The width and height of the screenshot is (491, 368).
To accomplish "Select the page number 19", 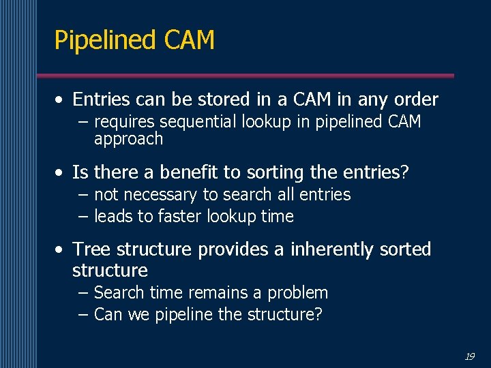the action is coord(470,356).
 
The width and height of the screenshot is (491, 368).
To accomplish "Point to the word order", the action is coord(415,99).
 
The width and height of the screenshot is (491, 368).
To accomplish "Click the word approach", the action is coord(128,139).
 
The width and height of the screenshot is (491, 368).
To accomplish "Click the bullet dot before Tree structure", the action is coord(61,249).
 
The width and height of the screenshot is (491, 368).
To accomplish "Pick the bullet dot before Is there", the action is coord(61,172).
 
